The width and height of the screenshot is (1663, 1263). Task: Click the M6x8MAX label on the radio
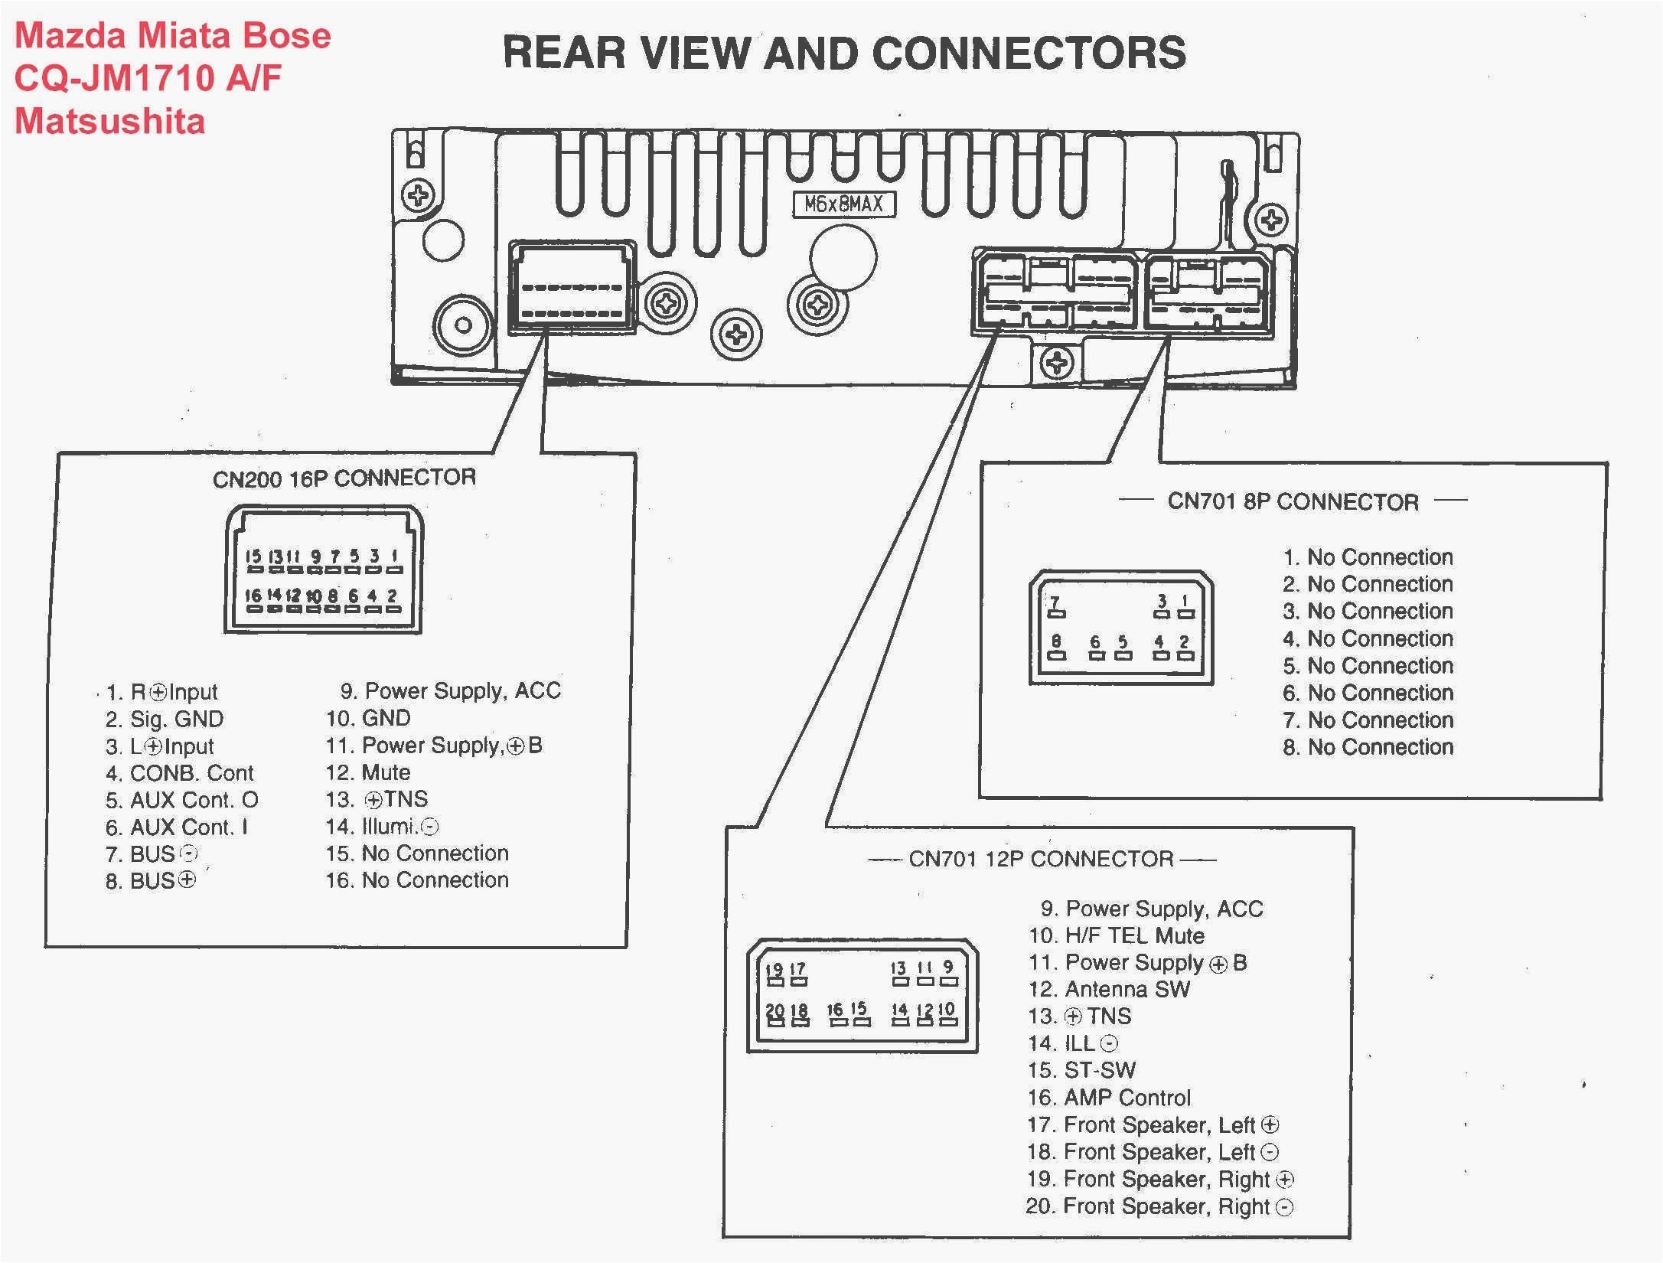point(843,204)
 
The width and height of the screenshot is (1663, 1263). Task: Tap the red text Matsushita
point(110,122)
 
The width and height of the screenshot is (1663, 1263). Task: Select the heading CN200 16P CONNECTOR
point(344,478)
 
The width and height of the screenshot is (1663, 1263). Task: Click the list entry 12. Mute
point(368,772)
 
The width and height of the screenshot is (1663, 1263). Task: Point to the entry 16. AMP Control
point(1109,1098)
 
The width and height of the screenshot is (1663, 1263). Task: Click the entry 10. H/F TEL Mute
point(1116,935)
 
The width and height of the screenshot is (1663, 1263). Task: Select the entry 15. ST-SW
point(1081,1070)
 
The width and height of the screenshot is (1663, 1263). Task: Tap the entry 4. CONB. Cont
point(179,773)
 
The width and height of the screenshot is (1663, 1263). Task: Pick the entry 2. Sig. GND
point(165,720)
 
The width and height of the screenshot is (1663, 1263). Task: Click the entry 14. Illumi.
point(382,827)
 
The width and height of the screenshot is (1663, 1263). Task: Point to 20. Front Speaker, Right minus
point(1159,1207)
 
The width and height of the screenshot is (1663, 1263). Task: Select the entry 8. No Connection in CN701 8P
point(1368,747)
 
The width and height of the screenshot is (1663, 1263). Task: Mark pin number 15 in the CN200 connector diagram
point(253,556)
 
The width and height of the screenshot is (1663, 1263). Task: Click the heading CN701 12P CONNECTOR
point(1041,859)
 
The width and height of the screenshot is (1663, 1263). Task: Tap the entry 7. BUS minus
point(152,854)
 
